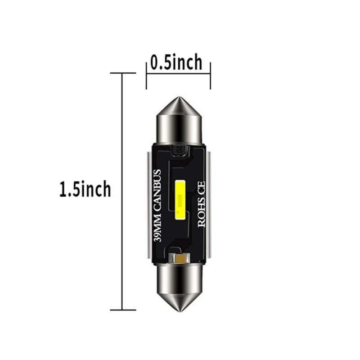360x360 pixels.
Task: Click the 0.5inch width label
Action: click(x=176, y=63)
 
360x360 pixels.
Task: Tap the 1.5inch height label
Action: click(x=85, y=189)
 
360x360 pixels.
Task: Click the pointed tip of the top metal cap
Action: click(x=180, y=99)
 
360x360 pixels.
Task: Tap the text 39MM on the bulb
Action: click(x=157, y=230)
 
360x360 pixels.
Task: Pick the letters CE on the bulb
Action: click(x=201, y=187)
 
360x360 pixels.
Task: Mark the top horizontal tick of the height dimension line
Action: click(x=122, y=73)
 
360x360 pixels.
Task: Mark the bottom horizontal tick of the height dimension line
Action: click(x=122, y=310)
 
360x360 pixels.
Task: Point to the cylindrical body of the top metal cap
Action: click(x=180, y=128)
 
